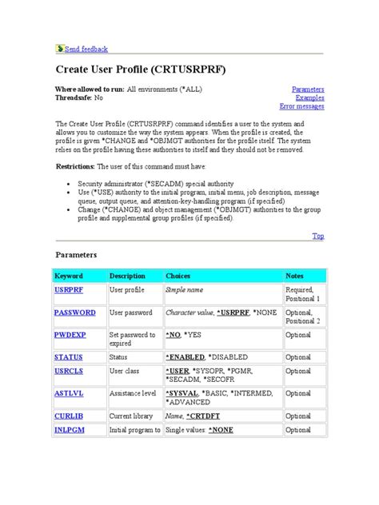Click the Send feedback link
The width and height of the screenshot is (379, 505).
(86, 49)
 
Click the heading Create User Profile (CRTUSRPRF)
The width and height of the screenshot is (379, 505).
(141, 70)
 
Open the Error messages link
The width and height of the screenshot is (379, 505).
(301, 105)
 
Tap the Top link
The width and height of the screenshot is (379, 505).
(317, 236)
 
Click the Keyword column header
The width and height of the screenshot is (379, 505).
(68, 276)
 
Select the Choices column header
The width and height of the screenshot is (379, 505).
(178, 276)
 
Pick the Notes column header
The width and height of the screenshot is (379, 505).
(295, 276)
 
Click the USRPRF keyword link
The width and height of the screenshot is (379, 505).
(69, 290)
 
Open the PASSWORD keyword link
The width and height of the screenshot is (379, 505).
(75, 312)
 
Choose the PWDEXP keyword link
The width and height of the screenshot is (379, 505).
(70, 336)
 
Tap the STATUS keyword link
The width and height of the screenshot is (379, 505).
(69, 357)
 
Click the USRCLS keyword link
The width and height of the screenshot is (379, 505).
(70, 372)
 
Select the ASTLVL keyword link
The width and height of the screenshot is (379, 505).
(70, 393)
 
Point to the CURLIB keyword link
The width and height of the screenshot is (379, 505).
(69, 416)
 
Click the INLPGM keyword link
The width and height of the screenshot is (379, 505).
(70, 430)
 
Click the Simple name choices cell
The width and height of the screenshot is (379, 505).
(185, 290)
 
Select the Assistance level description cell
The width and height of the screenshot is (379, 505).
(133, 393)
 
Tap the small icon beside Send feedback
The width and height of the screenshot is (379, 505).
(59, 48)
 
